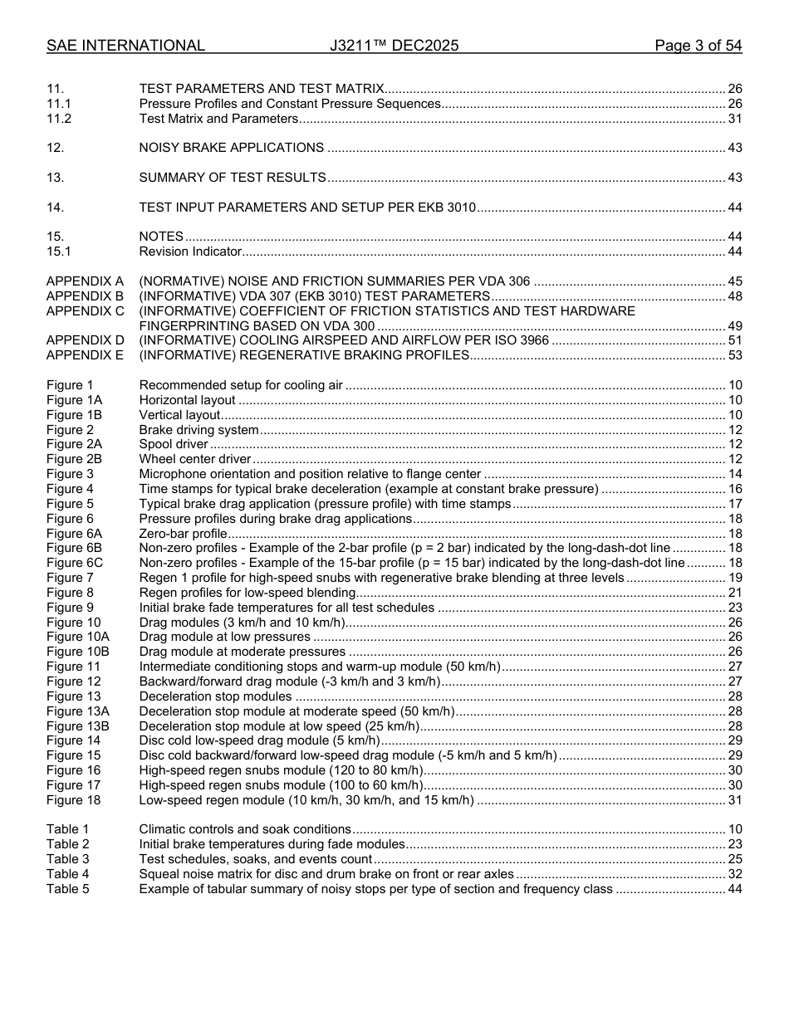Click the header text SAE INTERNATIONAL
click(x=125, y=46)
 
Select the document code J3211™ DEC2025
click(x=394, y=46)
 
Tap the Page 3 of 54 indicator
click(x=698, y=46)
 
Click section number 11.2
click(x=59, y=119)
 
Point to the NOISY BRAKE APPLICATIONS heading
click(x=232, y=148)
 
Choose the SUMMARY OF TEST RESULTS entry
click(x=233, y=178)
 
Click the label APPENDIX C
click(x=85, y=311)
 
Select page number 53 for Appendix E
click(x=734, y=355)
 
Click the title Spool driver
click(x=174, y=444)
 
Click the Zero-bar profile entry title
click(x=183, y=534)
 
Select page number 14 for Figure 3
click(x=734, y=474)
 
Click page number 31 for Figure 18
click(x=734, y=800)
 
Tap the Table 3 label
click(x=67, y=859)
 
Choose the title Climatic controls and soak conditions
click(x=245, y=829)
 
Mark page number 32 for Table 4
click(x=734, y=874)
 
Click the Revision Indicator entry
click(x=190, y=252)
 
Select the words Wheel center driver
click(x=195, y=459)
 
